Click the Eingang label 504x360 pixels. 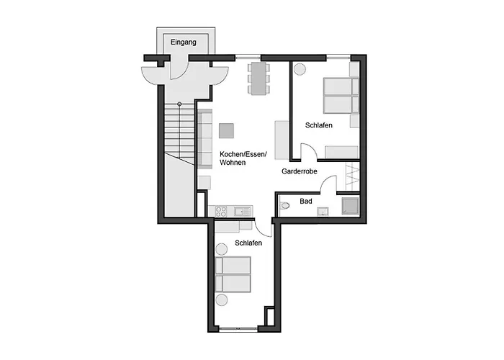[183, 42]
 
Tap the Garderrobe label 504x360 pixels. [300, 171]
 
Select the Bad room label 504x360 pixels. [306, 201]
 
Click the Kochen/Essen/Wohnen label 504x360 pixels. [243, 158]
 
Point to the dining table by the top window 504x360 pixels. [258, 78]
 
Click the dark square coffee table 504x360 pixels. [226, 131]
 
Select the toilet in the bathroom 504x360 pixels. [284, 205]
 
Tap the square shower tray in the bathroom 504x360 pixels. [350, 206]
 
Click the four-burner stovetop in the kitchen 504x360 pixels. [221, 212]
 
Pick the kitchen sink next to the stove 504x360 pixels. [243, 211]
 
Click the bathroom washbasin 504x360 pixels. [323, 212]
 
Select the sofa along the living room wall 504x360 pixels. [204, 139]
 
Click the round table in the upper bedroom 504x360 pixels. [300, 69]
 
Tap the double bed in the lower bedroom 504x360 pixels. [233, 274]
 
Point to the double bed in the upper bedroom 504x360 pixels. [341, 95]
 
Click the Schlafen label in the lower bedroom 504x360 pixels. [248, 243]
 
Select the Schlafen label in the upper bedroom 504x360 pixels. [318, 125]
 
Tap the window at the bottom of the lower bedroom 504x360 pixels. [238, 328]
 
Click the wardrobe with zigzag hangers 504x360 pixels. [352, 177]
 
